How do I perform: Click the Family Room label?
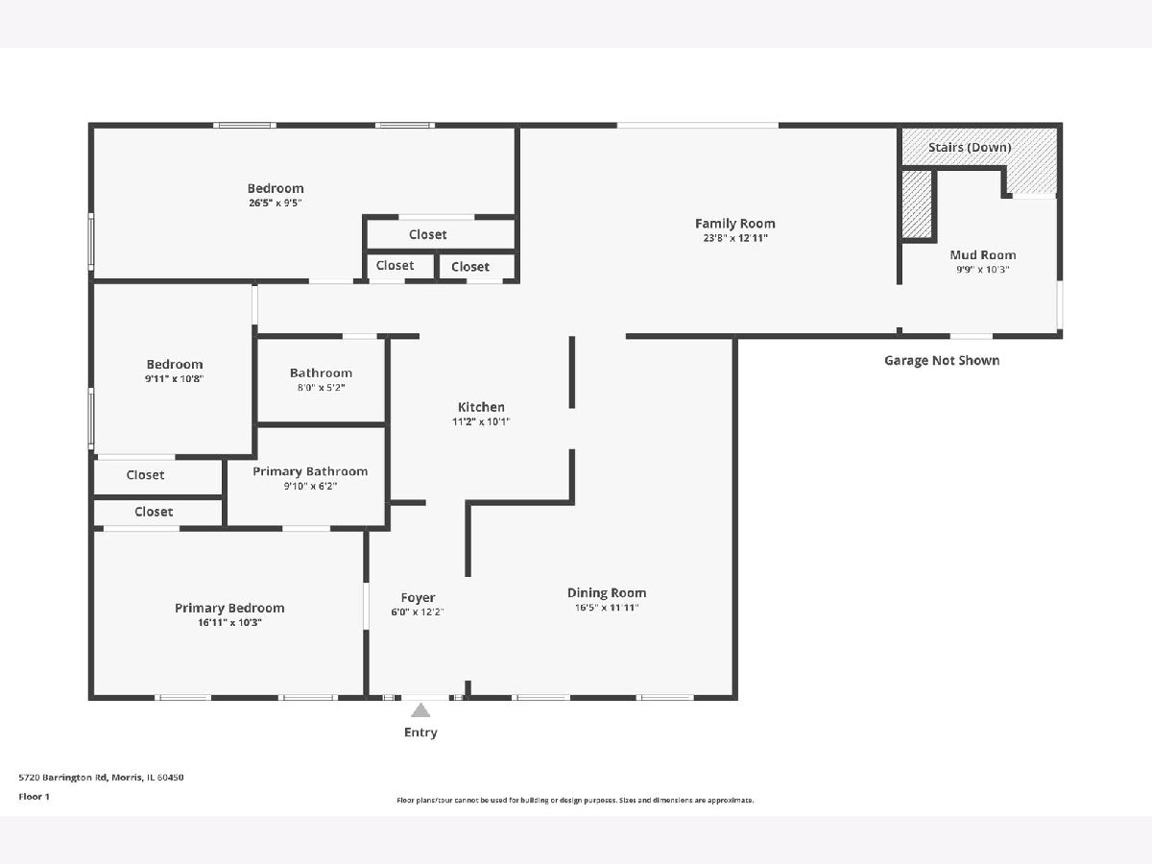point(734,224)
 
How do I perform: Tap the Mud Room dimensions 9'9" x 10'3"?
point(982,270)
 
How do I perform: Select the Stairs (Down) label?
point(970,148)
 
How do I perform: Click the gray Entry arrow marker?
point(420,710)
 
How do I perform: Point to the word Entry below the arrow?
point(420,732)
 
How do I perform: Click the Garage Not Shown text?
point(942,360)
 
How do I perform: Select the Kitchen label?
point(481,407)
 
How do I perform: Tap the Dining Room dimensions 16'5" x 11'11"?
point(607,608)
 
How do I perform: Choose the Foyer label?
point(418,597)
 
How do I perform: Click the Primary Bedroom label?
point(229,608)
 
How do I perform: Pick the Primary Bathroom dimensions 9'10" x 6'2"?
point(310,487)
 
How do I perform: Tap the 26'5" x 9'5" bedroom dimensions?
point(275,203)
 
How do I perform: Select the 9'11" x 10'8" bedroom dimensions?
point(175,379)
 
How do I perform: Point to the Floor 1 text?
point(35,797)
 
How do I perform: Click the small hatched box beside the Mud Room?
point(917,204)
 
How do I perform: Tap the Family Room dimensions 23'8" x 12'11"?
point(735,238)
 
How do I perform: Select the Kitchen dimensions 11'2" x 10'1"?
point(481,421)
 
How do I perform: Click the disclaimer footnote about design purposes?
point(575,800)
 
